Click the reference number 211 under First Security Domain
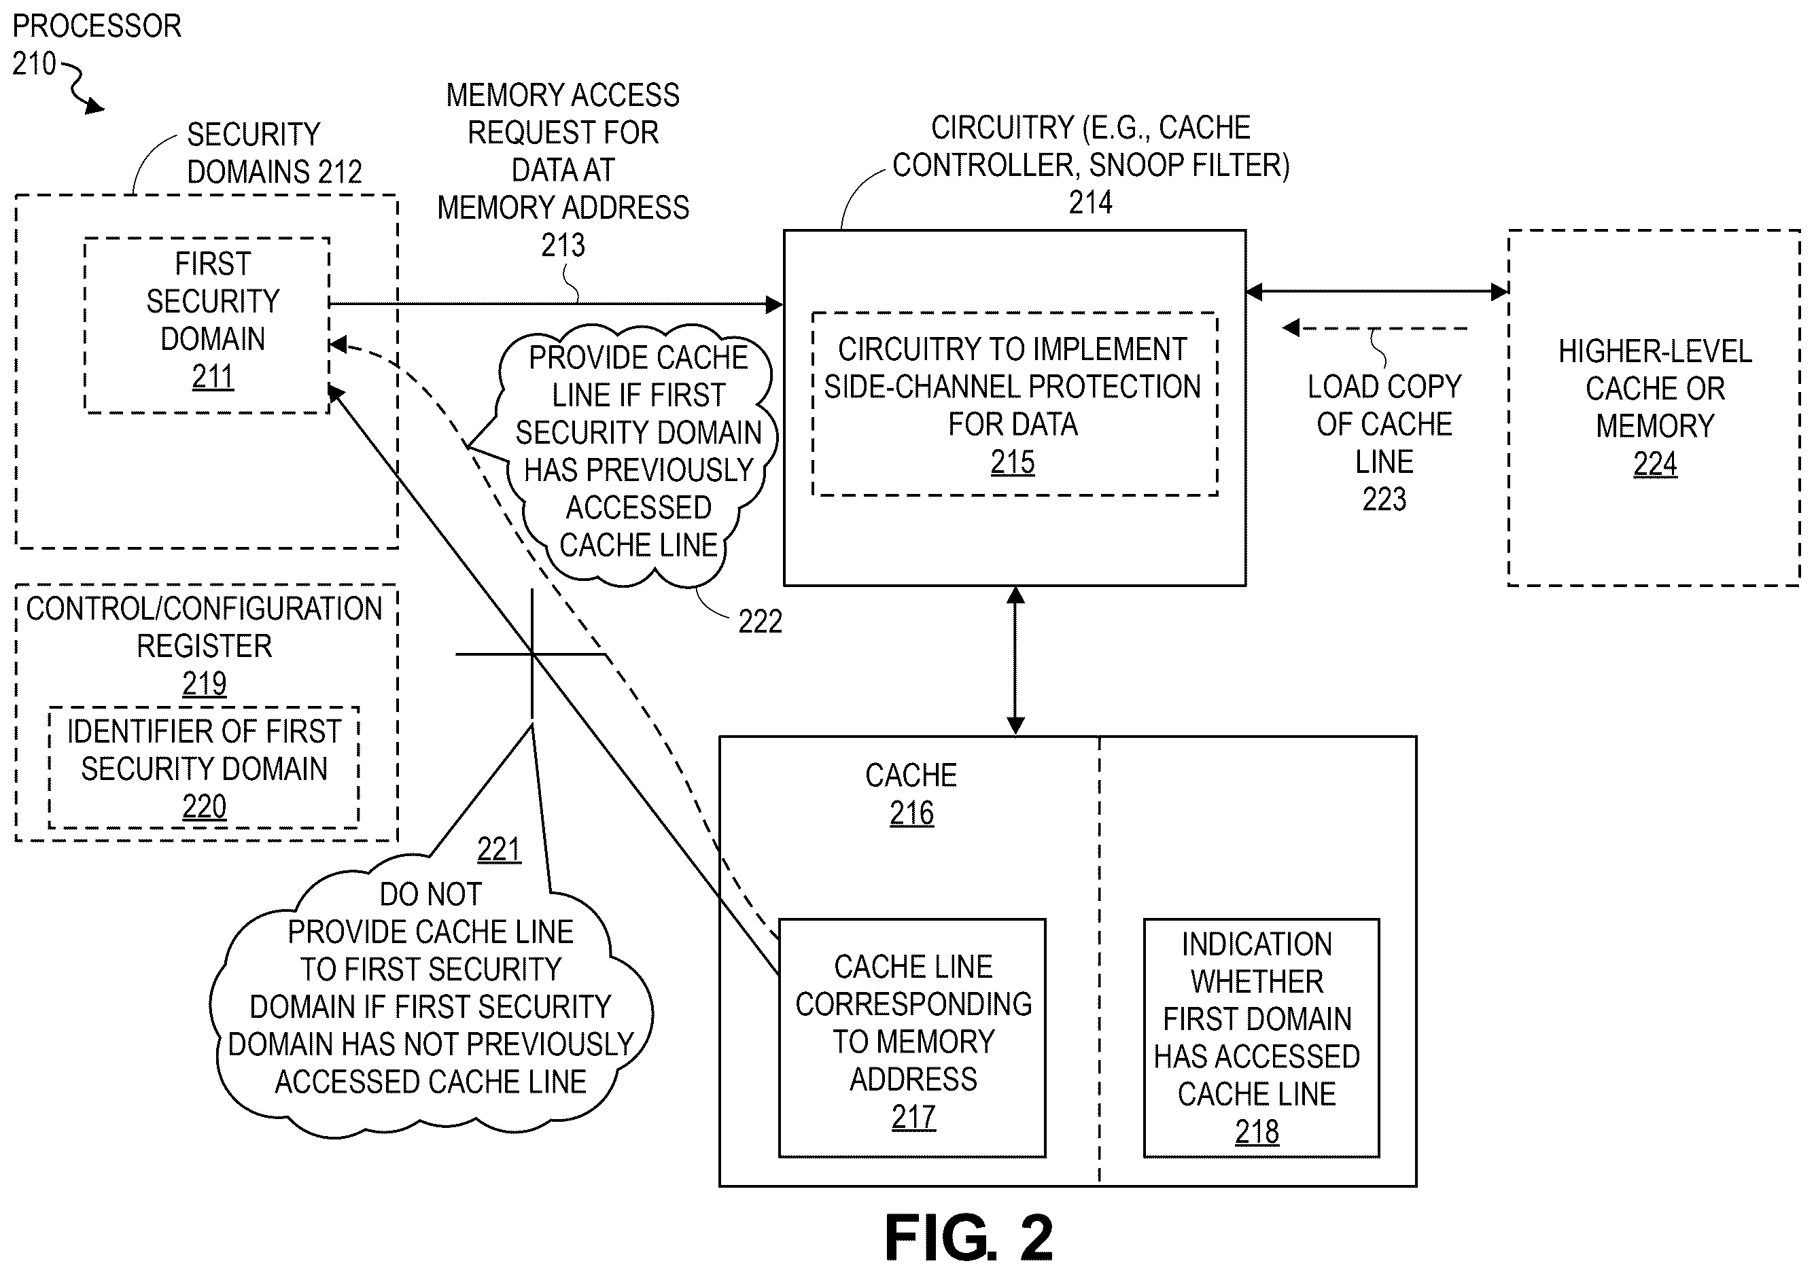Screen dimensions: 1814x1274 click(x=213, y=376)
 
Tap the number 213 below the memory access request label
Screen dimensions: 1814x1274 click(x=563, y=246)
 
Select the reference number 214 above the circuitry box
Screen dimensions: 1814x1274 click(x=1090, y=203)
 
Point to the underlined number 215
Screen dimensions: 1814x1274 click(x=1012, y=462)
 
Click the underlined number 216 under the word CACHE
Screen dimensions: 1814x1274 click(x=911, y=813)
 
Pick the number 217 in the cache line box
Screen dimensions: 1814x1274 click(x=913, y=1117)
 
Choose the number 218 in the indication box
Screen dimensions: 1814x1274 click(x=1256, y=1132)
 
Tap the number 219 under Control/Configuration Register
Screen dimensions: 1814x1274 click(x=204, y=684)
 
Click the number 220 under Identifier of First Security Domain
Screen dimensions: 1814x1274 click(x=204, y=807)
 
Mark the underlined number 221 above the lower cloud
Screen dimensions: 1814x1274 click(x=499, y=850)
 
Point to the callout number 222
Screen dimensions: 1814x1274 click(x=759, y=622)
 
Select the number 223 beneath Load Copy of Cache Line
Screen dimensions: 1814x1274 click(x=1384, y=499)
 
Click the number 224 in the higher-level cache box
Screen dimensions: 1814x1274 click(x=1654, y=463)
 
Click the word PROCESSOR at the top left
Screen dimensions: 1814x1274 click(x=97, y=26)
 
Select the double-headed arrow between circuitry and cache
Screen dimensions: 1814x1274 click(x=1015, y=660)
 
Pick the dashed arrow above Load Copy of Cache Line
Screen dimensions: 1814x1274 click(x=1375, y=328)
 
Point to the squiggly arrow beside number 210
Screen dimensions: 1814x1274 click(x=83, y=87)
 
